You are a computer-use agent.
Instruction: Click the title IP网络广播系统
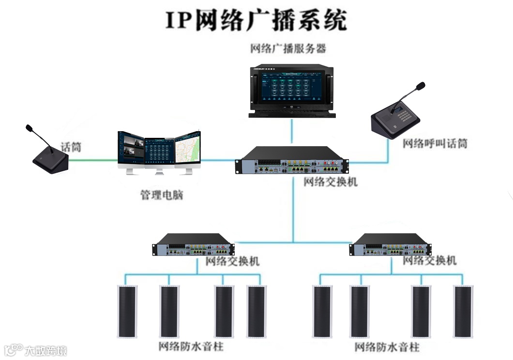256,20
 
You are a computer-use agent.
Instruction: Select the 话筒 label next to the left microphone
71,147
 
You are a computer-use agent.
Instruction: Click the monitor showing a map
187,150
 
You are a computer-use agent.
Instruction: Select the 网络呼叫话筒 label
435,144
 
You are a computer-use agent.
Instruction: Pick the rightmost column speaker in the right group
463,311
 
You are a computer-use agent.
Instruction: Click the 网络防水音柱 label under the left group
191,347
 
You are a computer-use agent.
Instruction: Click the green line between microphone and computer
92,160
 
